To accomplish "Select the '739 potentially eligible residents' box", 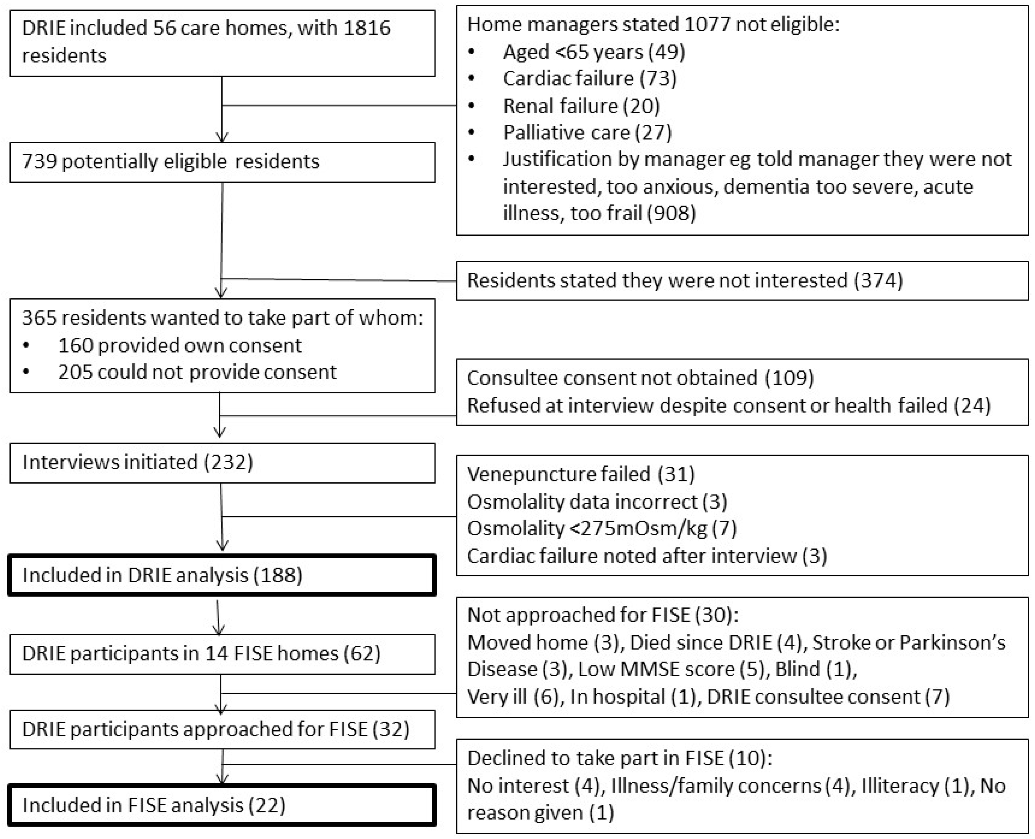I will point(222,162).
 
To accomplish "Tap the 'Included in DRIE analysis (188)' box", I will point(222,575).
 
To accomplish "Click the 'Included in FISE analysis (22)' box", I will point(222,805).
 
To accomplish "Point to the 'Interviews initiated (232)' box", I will point(222,463).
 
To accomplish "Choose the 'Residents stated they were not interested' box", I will point(742,281).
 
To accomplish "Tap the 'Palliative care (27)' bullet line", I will point(587,133).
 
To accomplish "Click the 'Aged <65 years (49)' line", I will point(594,52).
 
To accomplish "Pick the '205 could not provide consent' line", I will point(197,372).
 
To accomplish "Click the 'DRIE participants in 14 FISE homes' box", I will point(222,653).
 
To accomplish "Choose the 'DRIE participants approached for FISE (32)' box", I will point(222,729).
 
